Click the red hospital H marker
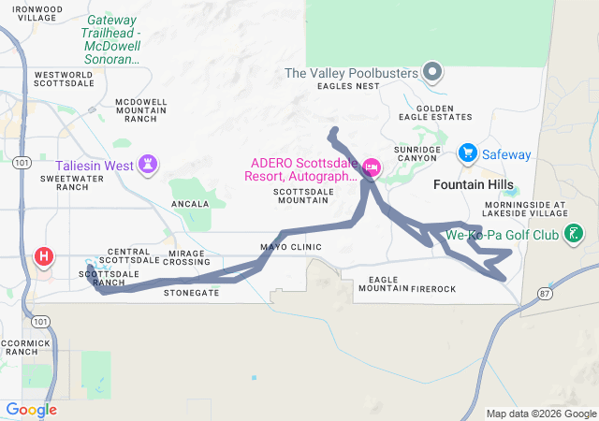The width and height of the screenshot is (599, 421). (x=43, y=256)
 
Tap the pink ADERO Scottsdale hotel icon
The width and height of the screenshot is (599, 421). (x=372, y=167)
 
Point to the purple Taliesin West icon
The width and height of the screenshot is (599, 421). (x=147, y=166)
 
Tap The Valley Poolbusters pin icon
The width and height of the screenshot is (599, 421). (x=431, y=71)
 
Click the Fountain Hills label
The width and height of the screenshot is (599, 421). (x=471, y=185)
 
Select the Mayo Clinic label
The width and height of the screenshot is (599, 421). (x=291, y=247)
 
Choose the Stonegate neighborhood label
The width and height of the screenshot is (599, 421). (x=191, y=293)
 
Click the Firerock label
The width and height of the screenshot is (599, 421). (x=432, y=289)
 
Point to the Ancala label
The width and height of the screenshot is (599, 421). (x=190, y=203)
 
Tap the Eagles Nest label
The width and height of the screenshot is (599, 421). (x=348, y=86)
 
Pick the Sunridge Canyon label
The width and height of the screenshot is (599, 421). (x=416, y=153)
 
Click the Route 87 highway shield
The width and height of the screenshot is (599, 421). (x=544, y=294)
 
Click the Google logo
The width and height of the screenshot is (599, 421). (x=31, y=410)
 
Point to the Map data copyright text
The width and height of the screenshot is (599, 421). (x=540, y=414)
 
